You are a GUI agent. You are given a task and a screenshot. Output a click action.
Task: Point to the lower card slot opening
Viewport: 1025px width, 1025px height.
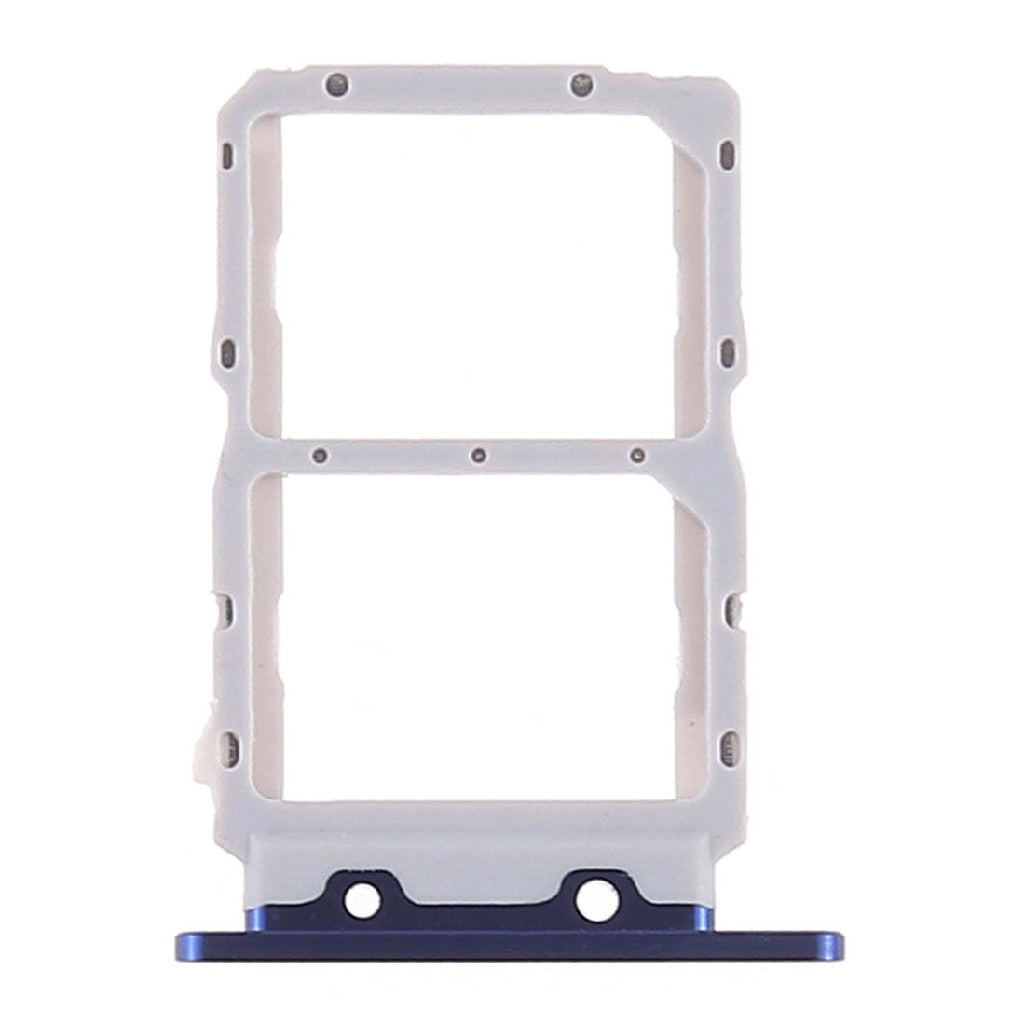click(x=474, y=634)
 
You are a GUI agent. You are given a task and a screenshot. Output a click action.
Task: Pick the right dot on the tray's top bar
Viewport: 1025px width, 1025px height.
click(x=583, y=85)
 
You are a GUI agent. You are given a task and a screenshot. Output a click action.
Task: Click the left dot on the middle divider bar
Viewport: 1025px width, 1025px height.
click(x=321, y=456)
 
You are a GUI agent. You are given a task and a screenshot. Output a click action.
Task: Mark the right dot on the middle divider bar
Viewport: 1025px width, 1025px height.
click(x=637, y=456)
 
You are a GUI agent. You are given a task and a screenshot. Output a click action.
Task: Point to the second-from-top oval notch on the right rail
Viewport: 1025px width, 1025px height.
click(x=728, y=350)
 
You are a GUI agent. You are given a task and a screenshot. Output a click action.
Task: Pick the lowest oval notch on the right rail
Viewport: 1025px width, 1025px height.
click(x=728, y=744)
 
